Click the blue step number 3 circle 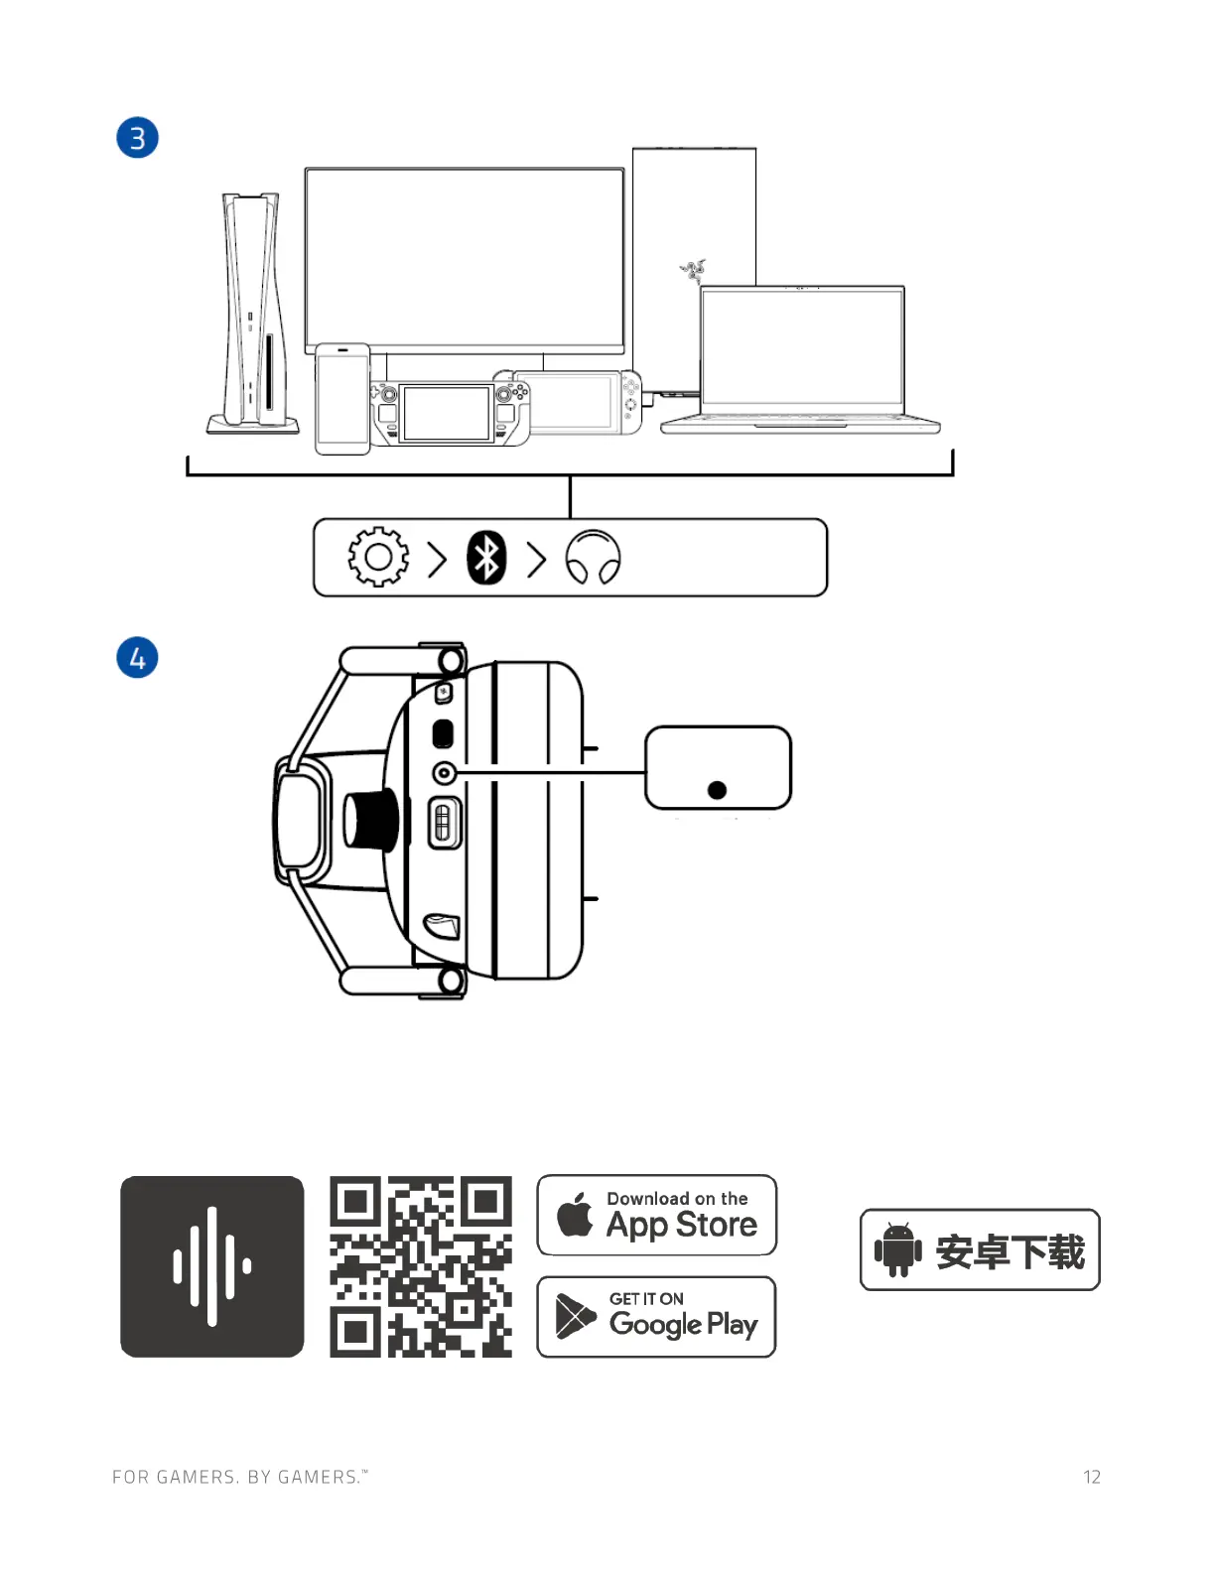[x=138, y=138]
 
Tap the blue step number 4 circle [x=138, y=658]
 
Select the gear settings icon [x=378, y=557]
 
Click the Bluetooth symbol [x=486, y=558]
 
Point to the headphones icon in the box [x=593, y=558]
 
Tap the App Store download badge [x=656, y=1216]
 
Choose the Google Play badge [x=656, y=1317]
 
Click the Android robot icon [x=898, y=1249]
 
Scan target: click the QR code [x=421, y=1266]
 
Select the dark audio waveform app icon [x=212, y=1266]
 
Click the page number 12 [x=1092, y=1477]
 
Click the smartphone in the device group [x=342, y=399]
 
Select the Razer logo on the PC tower [x=693, y=269]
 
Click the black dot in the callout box [x=718, y=790]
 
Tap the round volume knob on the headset [x=370, y=821]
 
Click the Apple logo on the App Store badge [x=576, y=1215]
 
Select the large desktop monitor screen [x=465, y=258]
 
